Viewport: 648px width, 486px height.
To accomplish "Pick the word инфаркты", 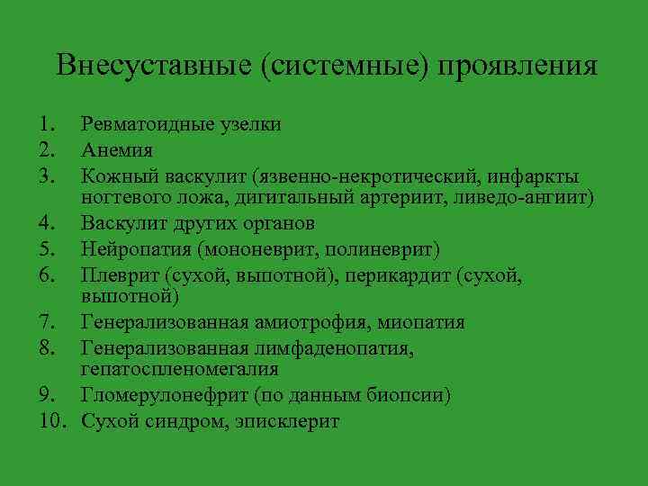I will [535, 174].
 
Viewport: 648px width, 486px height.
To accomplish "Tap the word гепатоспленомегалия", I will [179, 369].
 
